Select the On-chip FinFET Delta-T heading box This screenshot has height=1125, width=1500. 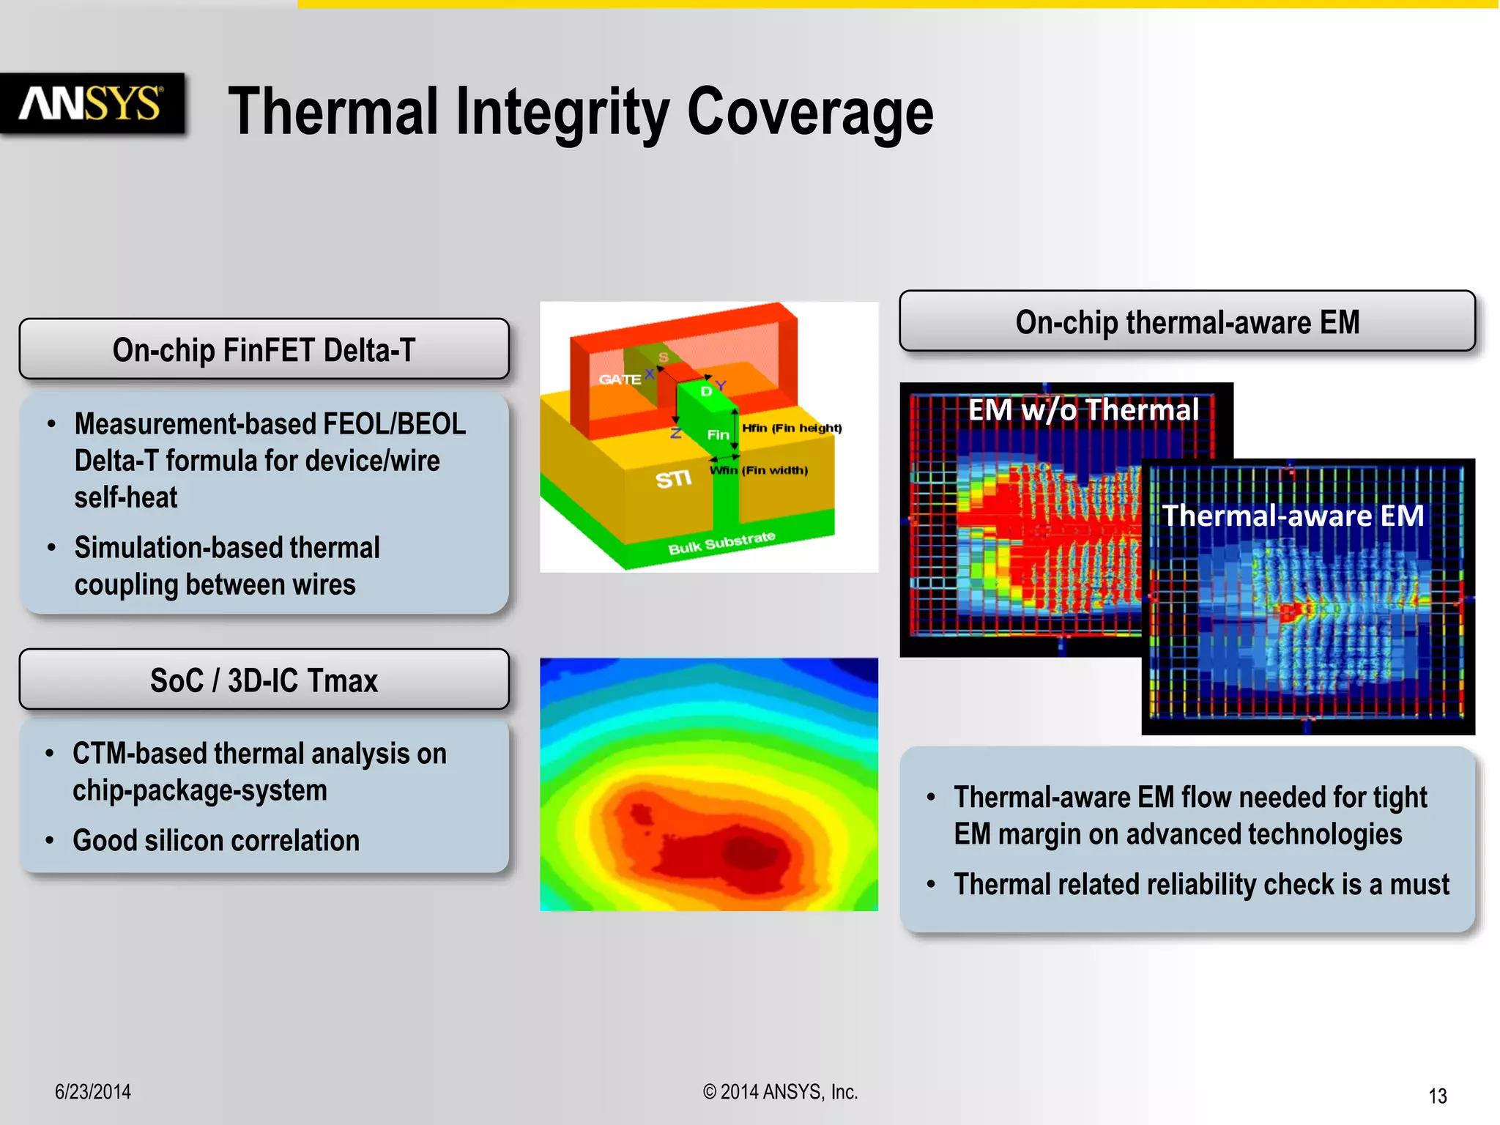[x=264, y=349]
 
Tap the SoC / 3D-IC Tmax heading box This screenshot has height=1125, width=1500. [x=264, y=680]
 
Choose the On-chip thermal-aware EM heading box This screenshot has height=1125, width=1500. [x=1187, y=322]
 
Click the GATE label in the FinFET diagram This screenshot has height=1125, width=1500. [x=619, y=379]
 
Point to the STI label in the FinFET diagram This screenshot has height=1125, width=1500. [x=673, y=479]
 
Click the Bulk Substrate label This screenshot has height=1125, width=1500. [x=721, y=543]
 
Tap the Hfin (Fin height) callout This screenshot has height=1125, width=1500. [x=792, y=428]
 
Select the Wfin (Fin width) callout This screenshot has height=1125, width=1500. [x=760, y=470]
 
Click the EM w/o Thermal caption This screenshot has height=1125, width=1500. [x=1083, y=409]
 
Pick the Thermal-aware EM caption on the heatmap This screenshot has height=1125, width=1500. [x=1293, y=516]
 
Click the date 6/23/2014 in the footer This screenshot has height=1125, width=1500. [x=93, y=1091]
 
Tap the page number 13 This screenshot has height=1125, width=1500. [x=1437, y=1096]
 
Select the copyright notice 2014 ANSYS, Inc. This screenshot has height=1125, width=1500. [x=780, y=1091]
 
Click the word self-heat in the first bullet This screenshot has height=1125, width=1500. [x=126, y=497]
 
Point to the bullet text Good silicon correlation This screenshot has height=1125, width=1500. [x=216, y=840]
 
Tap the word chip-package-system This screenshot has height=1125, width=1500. [x=199, y=790]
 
